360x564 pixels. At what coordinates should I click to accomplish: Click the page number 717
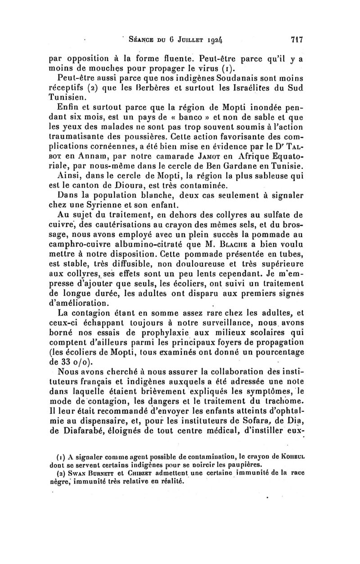click(295, 39)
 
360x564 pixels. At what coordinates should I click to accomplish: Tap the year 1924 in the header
click(215, 40)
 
